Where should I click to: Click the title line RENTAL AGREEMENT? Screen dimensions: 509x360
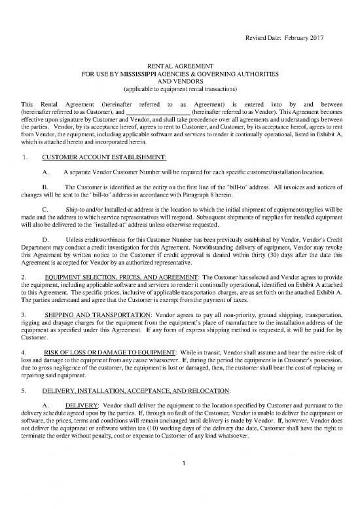tap(180, 67)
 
